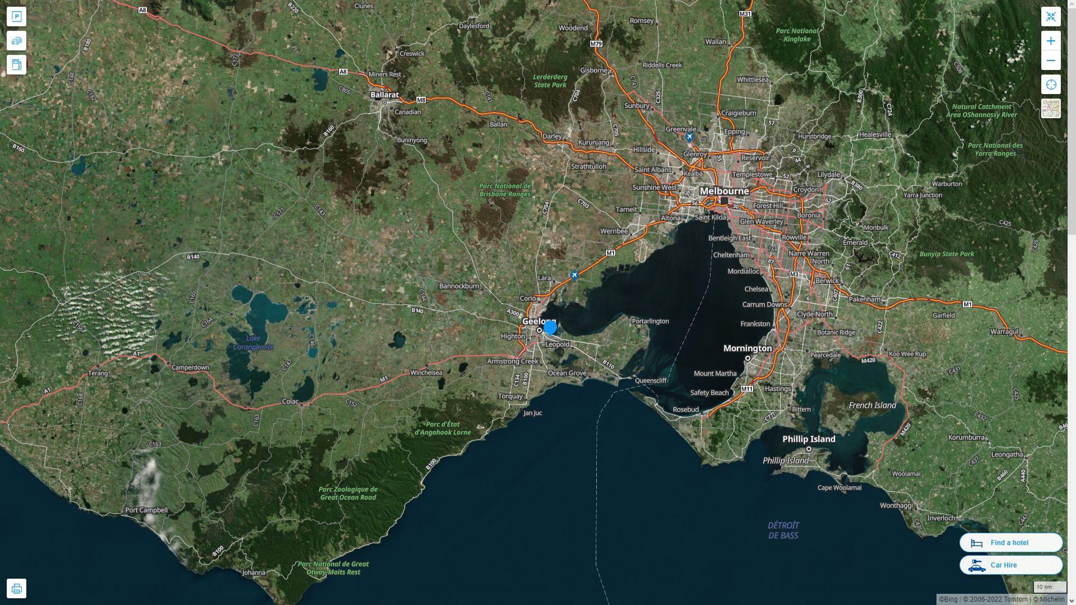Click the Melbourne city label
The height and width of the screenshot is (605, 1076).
[724, 191]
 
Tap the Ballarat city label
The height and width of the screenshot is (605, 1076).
[384, 95]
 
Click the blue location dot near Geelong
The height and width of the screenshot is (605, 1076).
[550, 327]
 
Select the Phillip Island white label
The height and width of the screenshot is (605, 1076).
[809, 439]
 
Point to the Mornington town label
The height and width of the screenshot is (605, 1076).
[748, 348]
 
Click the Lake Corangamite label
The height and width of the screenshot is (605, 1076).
[253, 342]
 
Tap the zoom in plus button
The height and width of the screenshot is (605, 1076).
[1051, 41]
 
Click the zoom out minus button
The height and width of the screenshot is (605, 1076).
[1051, 61]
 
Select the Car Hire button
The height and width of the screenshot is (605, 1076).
[1011, 565]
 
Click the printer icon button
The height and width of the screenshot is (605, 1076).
[16, 588]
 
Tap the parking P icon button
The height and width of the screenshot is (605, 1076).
[16, 17]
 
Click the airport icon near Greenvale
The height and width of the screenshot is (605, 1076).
[689, 137]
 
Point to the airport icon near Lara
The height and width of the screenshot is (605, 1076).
[574, 276]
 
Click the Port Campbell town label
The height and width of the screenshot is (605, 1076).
[146, 510]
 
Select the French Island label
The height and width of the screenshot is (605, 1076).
[872, 405]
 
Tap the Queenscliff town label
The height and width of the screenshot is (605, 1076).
[651, 380]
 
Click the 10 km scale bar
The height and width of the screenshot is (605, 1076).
[1050, 587]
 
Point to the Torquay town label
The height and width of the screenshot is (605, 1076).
[510, 396]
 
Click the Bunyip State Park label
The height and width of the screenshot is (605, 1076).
[947, 254]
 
